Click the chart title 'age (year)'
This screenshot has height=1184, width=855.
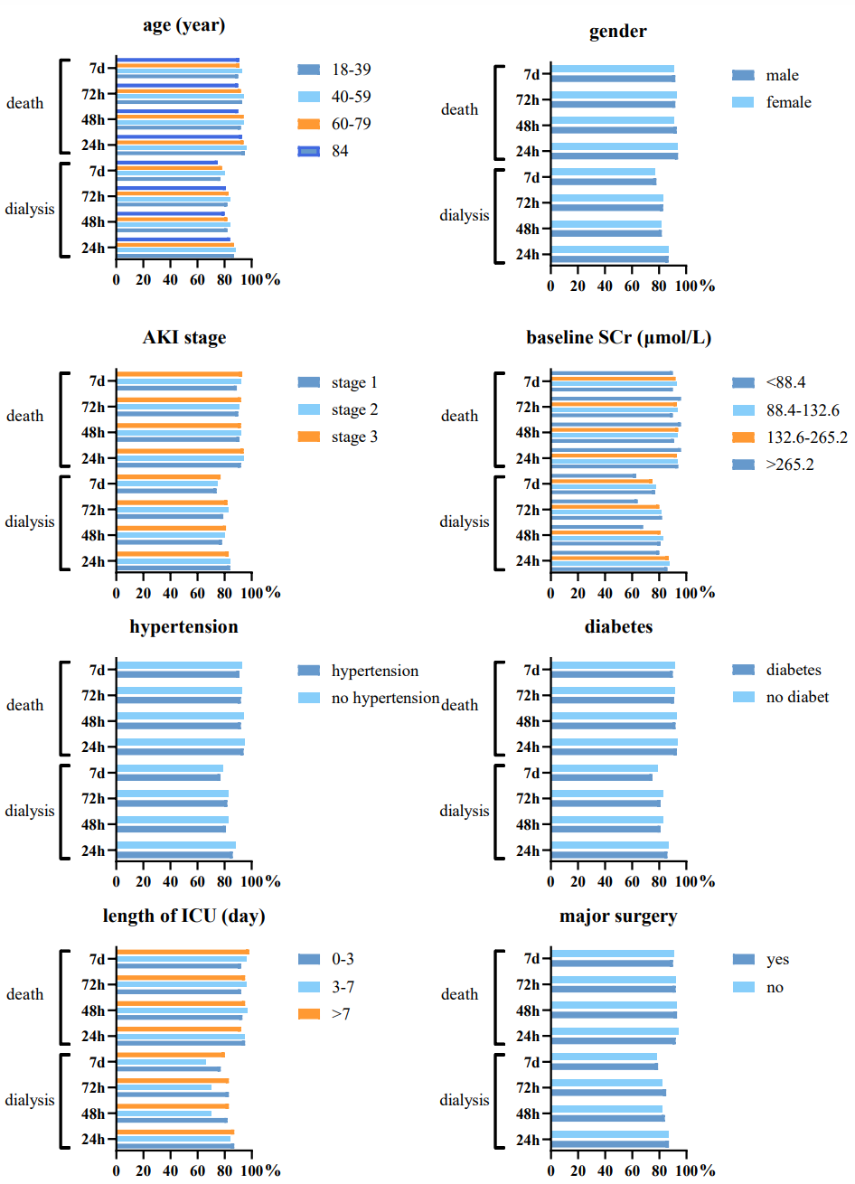[183, 25]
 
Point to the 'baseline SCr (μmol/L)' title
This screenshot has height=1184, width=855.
[618, 338]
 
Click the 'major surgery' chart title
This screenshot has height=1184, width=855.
[618, 916]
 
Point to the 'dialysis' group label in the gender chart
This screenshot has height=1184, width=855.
[465, 215]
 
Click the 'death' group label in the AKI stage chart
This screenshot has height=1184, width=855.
[24, 416]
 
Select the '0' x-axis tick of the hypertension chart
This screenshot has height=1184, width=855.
[117, 881]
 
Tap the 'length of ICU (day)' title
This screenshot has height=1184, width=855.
[183, 916]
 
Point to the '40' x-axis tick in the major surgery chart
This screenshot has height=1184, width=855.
[605, 1170]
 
